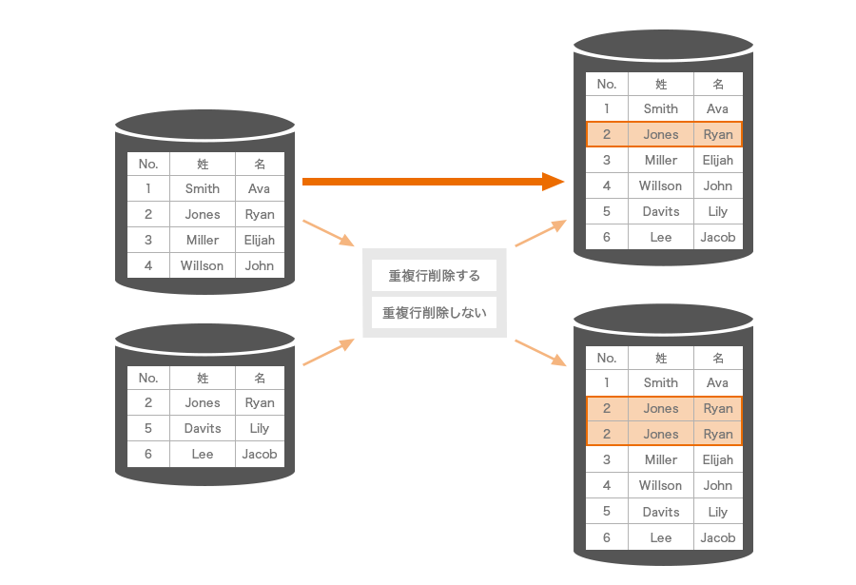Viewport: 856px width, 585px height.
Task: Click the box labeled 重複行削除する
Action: (434, 276)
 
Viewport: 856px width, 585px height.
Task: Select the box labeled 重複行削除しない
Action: (434, 312)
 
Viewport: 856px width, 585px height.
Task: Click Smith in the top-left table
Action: (202, 188)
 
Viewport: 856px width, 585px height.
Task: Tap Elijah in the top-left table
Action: (259, 240)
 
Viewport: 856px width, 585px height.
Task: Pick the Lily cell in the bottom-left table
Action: (259, 428)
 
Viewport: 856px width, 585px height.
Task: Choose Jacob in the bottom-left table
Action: (259, 454)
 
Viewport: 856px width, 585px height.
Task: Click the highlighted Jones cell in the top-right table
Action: (660, 134)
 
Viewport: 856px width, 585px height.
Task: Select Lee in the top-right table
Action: (660, 237)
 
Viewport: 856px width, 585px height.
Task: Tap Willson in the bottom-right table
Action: (660, 485)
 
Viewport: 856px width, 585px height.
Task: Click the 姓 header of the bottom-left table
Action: (202, 378)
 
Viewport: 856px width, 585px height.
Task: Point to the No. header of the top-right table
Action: (607, 84)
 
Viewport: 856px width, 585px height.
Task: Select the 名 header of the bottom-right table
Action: (718, 358)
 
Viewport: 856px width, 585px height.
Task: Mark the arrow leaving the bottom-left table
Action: (328, 352)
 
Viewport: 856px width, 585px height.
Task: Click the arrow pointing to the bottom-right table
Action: (540, 352)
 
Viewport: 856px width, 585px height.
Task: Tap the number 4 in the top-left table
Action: (148, 265)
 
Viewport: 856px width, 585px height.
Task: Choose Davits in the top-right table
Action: (660, 211)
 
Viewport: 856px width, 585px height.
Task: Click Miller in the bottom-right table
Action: (660, 459)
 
